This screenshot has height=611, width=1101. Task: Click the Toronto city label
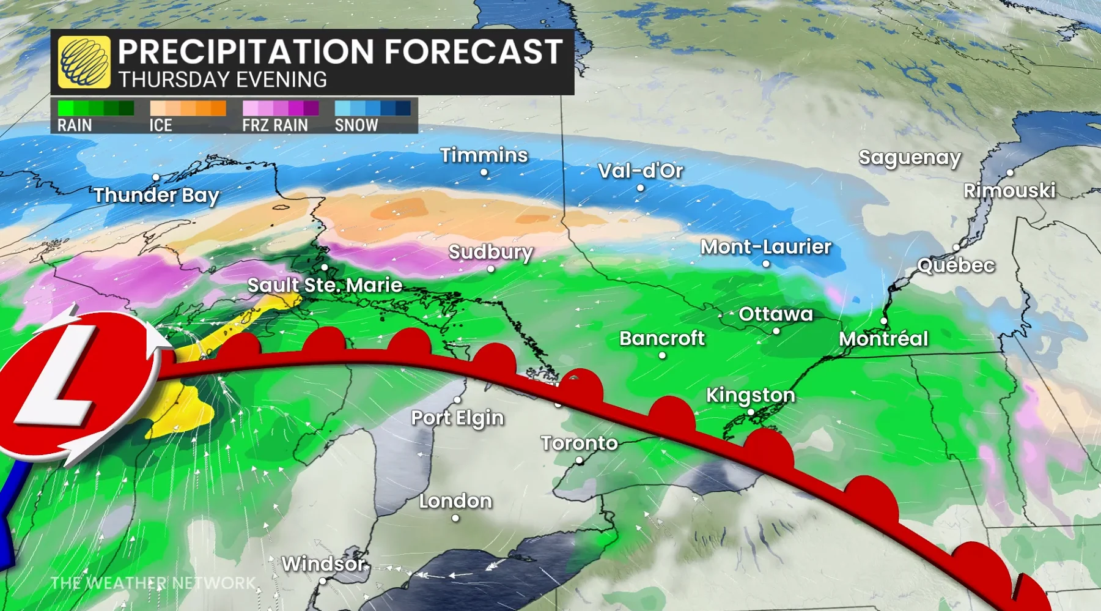579,443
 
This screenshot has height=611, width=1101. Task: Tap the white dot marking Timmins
484,172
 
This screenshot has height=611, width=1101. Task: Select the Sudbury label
490,252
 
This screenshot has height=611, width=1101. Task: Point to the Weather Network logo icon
84,62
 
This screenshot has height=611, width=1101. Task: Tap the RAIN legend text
75,125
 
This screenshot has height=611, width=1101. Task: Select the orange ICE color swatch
188,108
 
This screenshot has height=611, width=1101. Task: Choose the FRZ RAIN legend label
274,125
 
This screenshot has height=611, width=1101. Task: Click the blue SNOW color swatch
372,108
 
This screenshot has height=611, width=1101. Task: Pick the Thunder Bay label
156,196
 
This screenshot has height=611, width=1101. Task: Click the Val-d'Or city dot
640,188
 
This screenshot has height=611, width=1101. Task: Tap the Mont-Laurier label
765,247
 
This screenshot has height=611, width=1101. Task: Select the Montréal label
883,339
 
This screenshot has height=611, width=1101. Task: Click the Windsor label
323,563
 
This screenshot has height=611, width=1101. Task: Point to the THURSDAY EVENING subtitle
223,80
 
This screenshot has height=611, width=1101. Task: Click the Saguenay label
909,158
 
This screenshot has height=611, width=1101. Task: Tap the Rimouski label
1009,191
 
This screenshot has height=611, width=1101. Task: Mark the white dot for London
455,518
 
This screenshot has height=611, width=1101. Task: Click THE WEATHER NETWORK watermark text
153,583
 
